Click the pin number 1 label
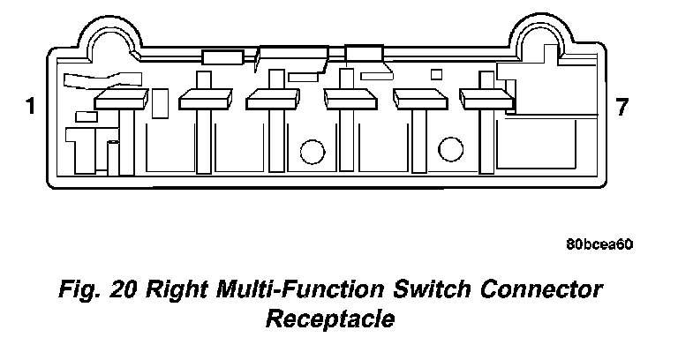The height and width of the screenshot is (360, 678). click(x=31, y=108)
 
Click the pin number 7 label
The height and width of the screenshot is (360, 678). click(x=622, y=108)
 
